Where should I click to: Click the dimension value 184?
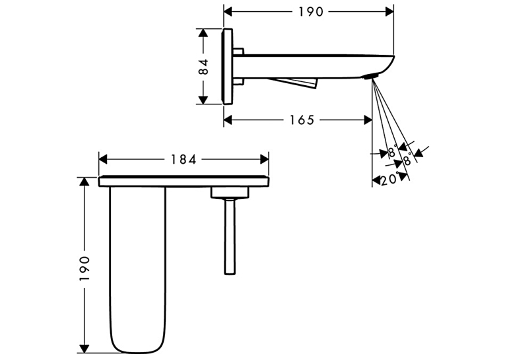click(x=184, y=160)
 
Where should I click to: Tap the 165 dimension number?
click(x=302, y=120)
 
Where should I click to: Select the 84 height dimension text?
click(x=204, y=67)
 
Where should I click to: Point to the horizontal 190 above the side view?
click(x=311, y=13)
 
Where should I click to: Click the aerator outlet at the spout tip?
click(x=371, y=77)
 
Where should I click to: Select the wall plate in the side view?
click(x=226, y=67)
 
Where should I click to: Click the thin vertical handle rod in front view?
click(x=230, y=236)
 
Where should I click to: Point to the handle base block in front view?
click(x=230, y=192)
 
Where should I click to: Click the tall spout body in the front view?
click(x=137, y=270)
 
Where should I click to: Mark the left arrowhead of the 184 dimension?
click(x=103, y=159)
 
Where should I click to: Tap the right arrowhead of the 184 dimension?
click(x=265, y=159)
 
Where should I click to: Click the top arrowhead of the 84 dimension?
click(x=203, y=32)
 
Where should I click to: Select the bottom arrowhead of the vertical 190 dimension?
click(x=84, y=349)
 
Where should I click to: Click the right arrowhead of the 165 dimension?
click(x=368, y=120)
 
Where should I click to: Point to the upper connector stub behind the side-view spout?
click(x=238, y=52)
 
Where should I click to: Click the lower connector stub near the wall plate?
click(x=238, y=81)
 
